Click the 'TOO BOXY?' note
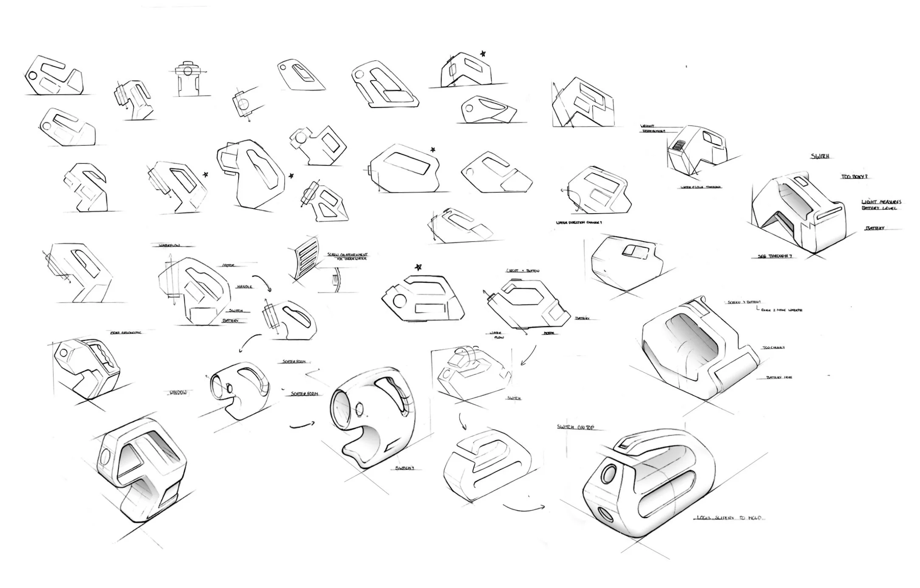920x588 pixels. pyautogui.click(x=851, y=177)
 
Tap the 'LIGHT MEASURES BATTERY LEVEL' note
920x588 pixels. pyautogui.click(x=881, y=205)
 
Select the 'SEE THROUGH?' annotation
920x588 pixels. pyautogui.click(x=775, y=256)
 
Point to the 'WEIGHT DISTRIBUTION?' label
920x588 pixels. pyautogui.click(x=653, y=129)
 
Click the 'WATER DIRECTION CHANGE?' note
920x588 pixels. pyautogui.click(x=579, y=222)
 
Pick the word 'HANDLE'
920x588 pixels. pyautogui.click(x=245, y=287)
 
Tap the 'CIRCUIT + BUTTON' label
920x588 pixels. pyautogui.click(x=523, y=270)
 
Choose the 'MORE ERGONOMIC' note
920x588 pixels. pyautogui.click(x=126, y=332)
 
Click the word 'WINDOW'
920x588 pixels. pyautogui.click(x=178, y=393)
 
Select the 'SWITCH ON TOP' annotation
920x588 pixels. pyautogui.click(x=575, y=428)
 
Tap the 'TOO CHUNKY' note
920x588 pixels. pyautogui.click(x=773, y=348)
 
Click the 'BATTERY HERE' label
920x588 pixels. pyautogui.click(x=779, y=377)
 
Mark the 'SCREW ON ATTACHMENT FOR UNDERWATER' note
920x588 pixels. pyautogui.click(x=347, y=256)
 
